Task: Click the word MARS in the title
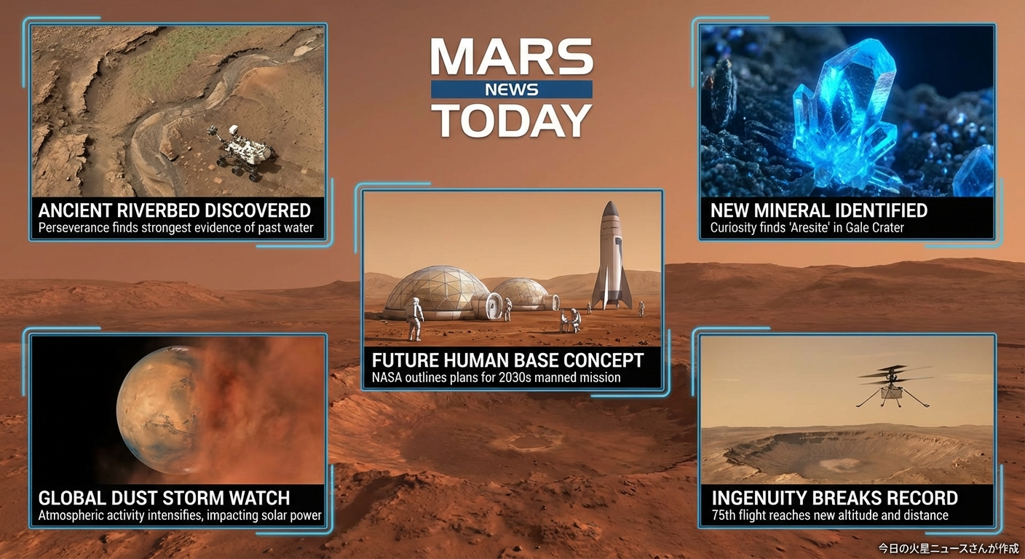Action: [x=512, y=57]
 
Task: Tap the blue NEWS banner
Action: [x=512, y=90]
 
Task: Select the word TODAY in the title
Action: [x=512, y=120]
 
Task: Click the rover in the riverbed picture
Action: [x=242, y=151]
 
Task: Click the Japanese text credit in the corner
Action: [x=949, y=548]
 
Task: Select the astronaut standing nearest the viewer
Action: [x=416, y=319]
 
